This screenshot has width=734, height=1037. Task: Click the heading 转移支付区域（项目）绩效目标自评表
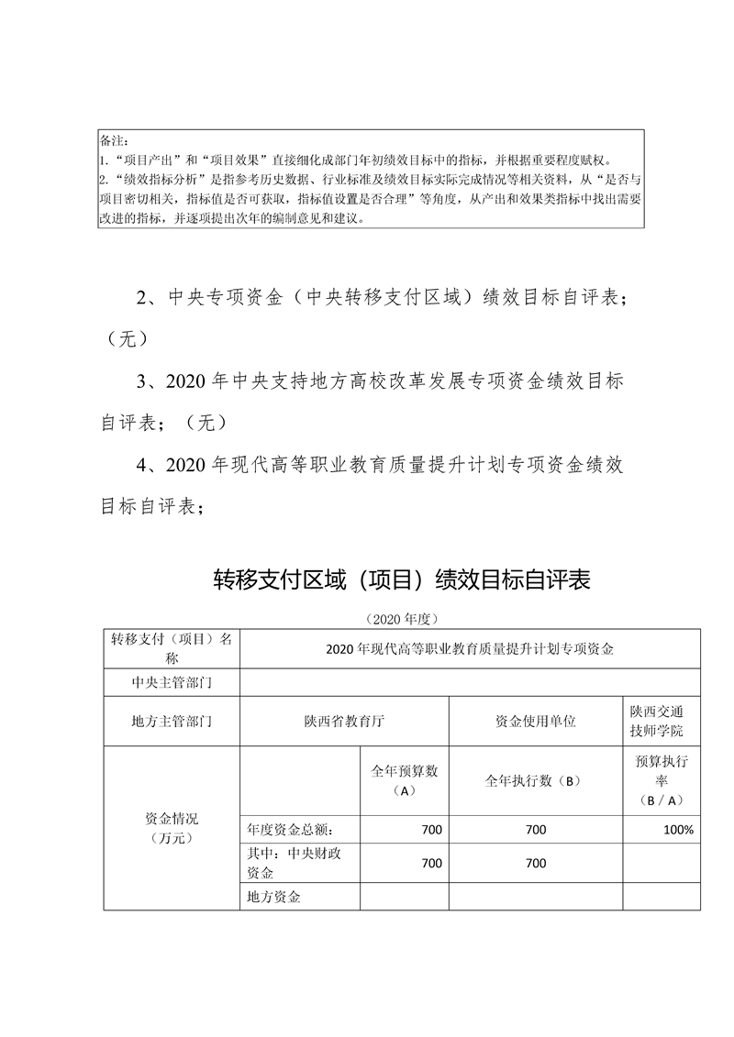(x=403, y=580)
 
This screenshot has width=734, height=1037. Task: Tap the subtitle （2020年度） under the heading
(x=403, y=619)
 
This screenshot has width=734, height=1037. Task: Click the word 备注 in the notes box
(x=112, y=141)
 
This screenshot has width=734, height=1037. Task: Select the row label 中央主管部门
(x=172, y=682)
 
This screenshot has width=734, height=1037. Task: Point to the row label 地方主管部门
(x=172, y=722)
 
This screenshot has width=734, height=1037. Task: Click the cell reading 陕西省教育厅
(x=344, y=722)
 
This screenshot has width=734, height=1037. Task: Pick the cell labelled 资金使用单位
(x=536, y=722)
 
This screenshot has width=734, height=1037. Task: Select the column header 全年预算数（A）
(x=405, y=780)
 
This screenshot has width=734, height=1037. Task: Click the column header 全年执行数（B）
(x=536, y=781)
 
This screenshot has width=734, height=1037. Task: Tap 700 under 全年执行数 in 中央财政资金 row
(x=536, y=863)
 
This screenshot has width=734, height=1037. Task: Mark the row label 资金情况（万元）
(x=172, y=828)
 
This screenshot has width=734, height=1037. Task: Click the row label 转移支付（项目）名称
(x=172, y=648)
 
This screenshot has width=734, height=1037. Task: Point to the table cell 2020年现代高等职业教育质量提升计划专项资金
(x=469, y=648)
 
